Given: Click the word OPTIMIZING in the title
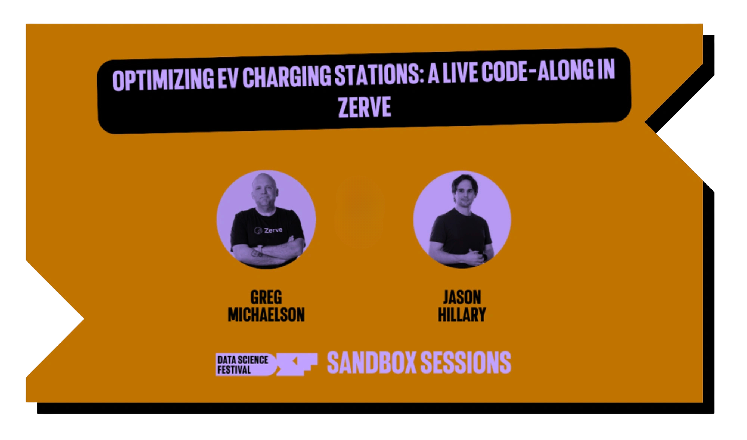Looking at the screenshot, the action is point(163,79).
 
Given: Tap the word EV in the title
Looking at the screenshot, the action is point(228,77).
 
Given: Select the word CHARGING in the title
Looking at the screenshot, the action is point(286,76).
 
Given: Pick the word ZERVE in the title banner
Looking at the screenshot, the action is point(365,107).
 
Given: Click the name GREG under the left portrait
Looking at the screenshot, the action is point(266,297).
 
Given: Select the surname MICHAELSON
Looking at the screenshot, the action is point(266,314).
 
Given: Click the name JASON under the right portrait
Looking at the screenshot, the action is point(462,297).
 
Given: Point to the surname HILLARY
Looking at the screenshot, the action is point(462,314).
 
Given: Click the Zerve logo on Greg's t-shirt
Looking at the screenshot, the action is point(268,230).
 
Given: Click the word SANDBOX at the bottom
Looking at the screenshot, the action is point(372,362).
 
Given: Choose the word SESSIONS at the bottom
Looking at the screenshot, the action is point(466,362).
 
